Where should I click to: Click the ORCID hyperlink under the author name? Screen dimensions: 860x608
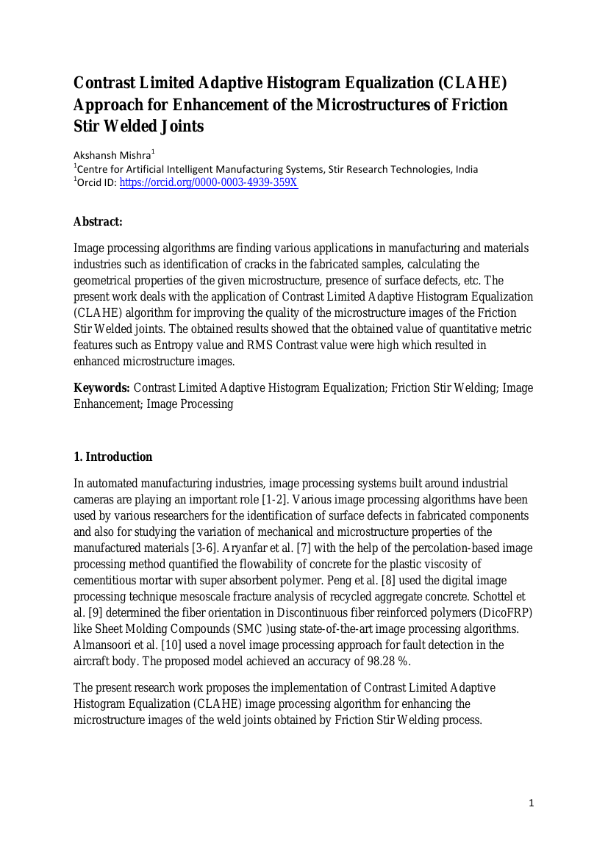[208, 182]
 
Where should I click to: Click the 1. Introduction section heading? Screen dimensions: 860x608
[113, 457]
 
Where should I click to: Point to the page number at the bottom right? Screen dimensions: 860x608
[532, 803]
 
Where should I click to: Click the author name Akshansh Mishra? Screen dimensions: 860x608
[112, 155]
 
